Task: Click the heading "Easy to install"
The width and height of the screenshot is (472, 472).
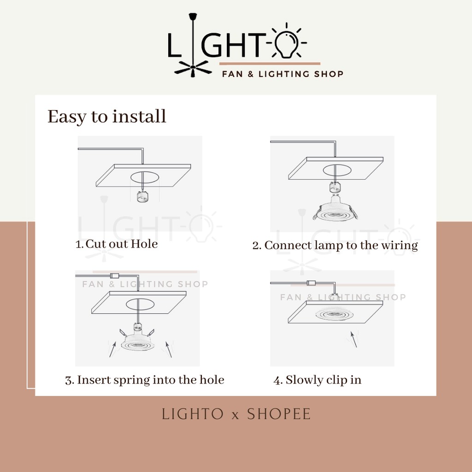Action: (107, 117)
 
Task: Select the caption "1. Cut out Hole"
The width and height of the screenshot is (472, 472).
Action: (117, 244)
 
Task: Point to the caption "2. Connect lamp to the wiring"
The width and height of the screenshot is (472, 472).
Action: (335, 245)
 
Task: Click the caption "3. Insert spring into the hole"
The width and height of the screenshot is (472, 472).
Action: (145, 380)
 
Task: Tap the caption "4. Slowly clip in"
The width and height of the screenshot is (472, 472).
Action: (318, 380)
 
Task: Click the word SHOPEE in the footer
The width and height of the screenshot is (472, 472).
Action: (279, 414)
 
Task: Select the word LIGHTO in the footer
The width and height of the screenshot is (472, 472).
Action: (193, 414)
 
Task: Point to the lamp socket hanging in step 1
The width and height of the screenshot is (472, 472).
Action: (142, 196)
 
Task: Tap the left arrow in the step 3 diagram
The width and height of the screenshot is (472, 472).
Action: (112, 349)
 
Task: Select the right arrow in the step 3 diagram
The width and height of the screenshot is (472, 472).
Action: (169, 349)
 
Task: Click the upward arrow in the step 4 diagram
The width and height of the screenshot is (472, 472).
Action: (354, 339)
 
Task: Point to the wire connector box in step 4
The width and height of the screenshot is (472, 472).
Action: (311, 283)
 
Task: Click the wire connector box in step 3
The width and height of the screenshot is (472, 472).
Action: (115, 276)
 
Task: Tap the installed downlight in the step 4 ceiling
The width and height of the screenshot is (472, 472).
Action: (335, 314)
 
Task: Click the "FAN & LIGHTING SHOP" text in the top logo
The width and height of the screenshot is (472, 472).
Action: (283, 74)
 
